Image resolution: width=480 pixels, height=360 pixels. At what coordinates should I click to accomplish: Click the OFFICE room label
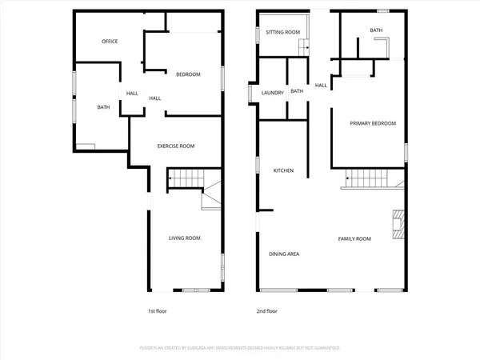pos(110,42)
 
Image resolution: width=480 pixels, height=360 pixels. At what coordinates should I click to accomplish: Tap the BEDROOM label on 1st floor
pos(188,74)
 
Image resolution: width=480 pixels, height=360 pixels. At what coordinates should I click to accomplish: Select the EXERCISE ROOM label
pos(176,146)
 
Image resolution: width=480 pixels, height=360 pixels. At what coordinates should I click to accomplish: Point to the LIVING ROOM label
pos(184,238)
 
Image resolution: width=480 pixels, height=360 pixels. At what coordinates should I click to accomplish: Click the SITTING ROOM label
pos(283,32)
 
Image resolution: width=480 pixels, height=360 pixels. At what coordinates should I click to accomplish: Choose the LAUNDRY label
pos(273,92)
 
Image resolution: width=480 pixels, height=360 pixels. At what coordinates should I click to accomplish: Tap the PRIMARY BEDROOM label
pos(373,123)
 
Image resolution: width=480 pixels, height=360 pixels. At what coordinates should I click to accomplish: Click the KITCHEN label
pos(284,170)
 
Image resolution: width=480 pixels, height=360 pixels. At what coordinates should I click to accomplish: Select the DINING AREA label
pos(284,254)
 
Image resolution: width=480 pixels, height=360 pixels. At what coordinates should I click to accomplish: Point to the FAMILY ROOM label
pos(354,238)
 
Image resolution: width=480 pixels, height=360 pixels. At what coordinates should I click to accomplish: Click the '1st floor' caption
pos(158,310)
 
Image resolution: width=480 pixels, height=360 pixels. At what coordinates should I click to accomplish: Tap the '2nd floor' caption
pos(266,310)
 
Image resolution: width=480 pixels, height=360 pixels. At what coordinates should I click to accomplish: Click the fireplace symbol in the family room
pos(398,224)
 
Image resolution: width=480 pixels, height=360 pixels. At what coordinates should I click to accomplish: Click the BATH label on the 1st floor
pos(104,107)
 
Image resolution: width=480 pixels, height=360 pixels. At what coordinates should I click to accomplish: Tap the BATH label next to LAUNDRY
pos(297,91)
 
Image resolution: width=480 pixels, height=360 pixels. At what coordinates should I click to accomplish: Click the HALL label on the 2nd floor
pos(321,86)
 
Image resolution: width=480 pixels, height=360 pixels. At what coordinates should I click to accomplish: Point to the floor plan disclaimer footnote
pos(240,348)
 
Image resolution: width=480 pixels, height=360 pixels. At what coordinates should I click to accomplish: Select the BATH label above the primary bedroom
pos(376,30)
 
